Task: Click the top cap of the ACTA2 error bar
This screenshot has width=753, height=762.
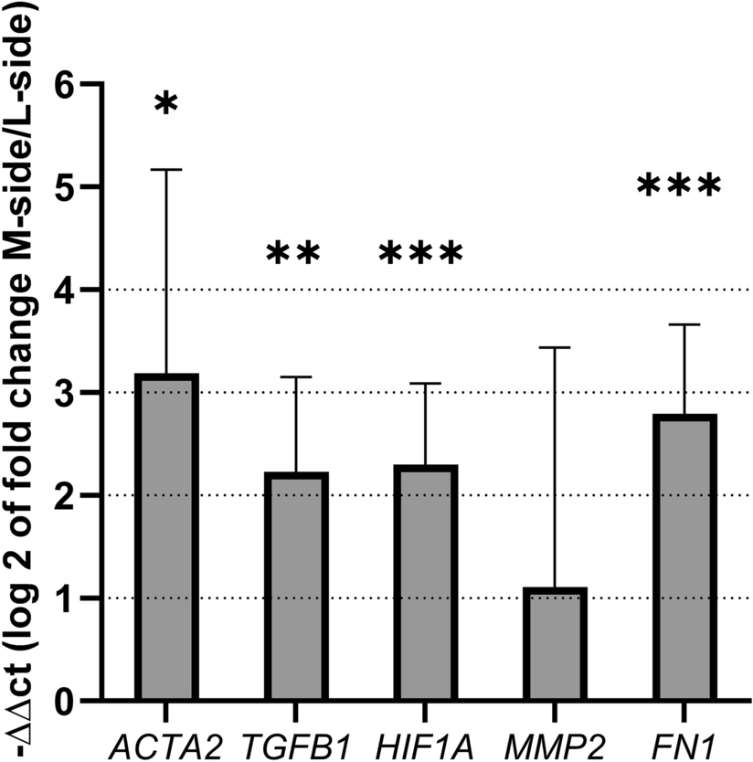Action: point(165,170)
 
